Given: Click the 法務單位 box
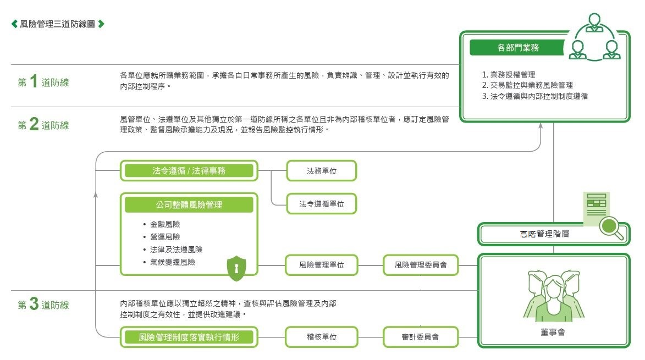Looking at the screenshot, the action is (321, 170).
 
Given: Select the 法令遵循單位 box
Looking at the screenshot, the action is (321, 204).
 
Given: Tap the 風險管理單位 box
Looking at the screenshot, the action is (321, 265).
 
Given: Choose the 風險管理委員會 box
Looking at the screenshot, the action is (421, 265).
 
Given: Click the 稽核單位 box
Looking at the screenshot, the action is (321, 337).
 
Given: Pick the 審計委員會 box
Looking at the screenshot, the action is (421, 337).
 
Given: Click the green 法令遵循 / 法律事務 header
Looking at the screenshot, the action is (189, 170).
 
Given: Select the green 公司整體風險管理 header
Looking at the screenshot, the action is (189, 204).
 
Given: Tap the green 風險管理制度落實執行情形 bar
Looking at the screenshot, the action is (189, 337).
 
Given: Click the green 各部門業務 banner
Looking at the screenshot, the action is (517, 48).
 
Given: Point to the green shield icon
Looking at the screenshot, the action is (236, 268).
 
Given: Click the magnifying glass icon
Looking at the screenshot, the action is (611, 228).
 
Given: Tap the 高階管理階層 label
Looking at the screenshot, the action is (544, 234).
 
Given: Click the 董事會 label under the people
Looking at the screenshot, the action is (553, 332).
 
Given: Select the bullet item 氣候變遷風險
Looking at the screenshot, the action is (172, 262).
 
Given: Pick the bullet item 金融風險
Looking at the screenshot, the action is (164, 224).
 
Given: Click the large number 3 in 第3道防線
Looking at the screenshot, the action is (34, 304).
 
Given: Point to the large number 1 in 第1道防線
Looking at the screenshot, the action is (34, 81).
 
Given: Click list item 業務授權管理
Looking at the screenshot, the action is (512, 75).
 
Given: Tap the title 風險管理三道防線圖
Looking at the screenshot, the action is (58, 24).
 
